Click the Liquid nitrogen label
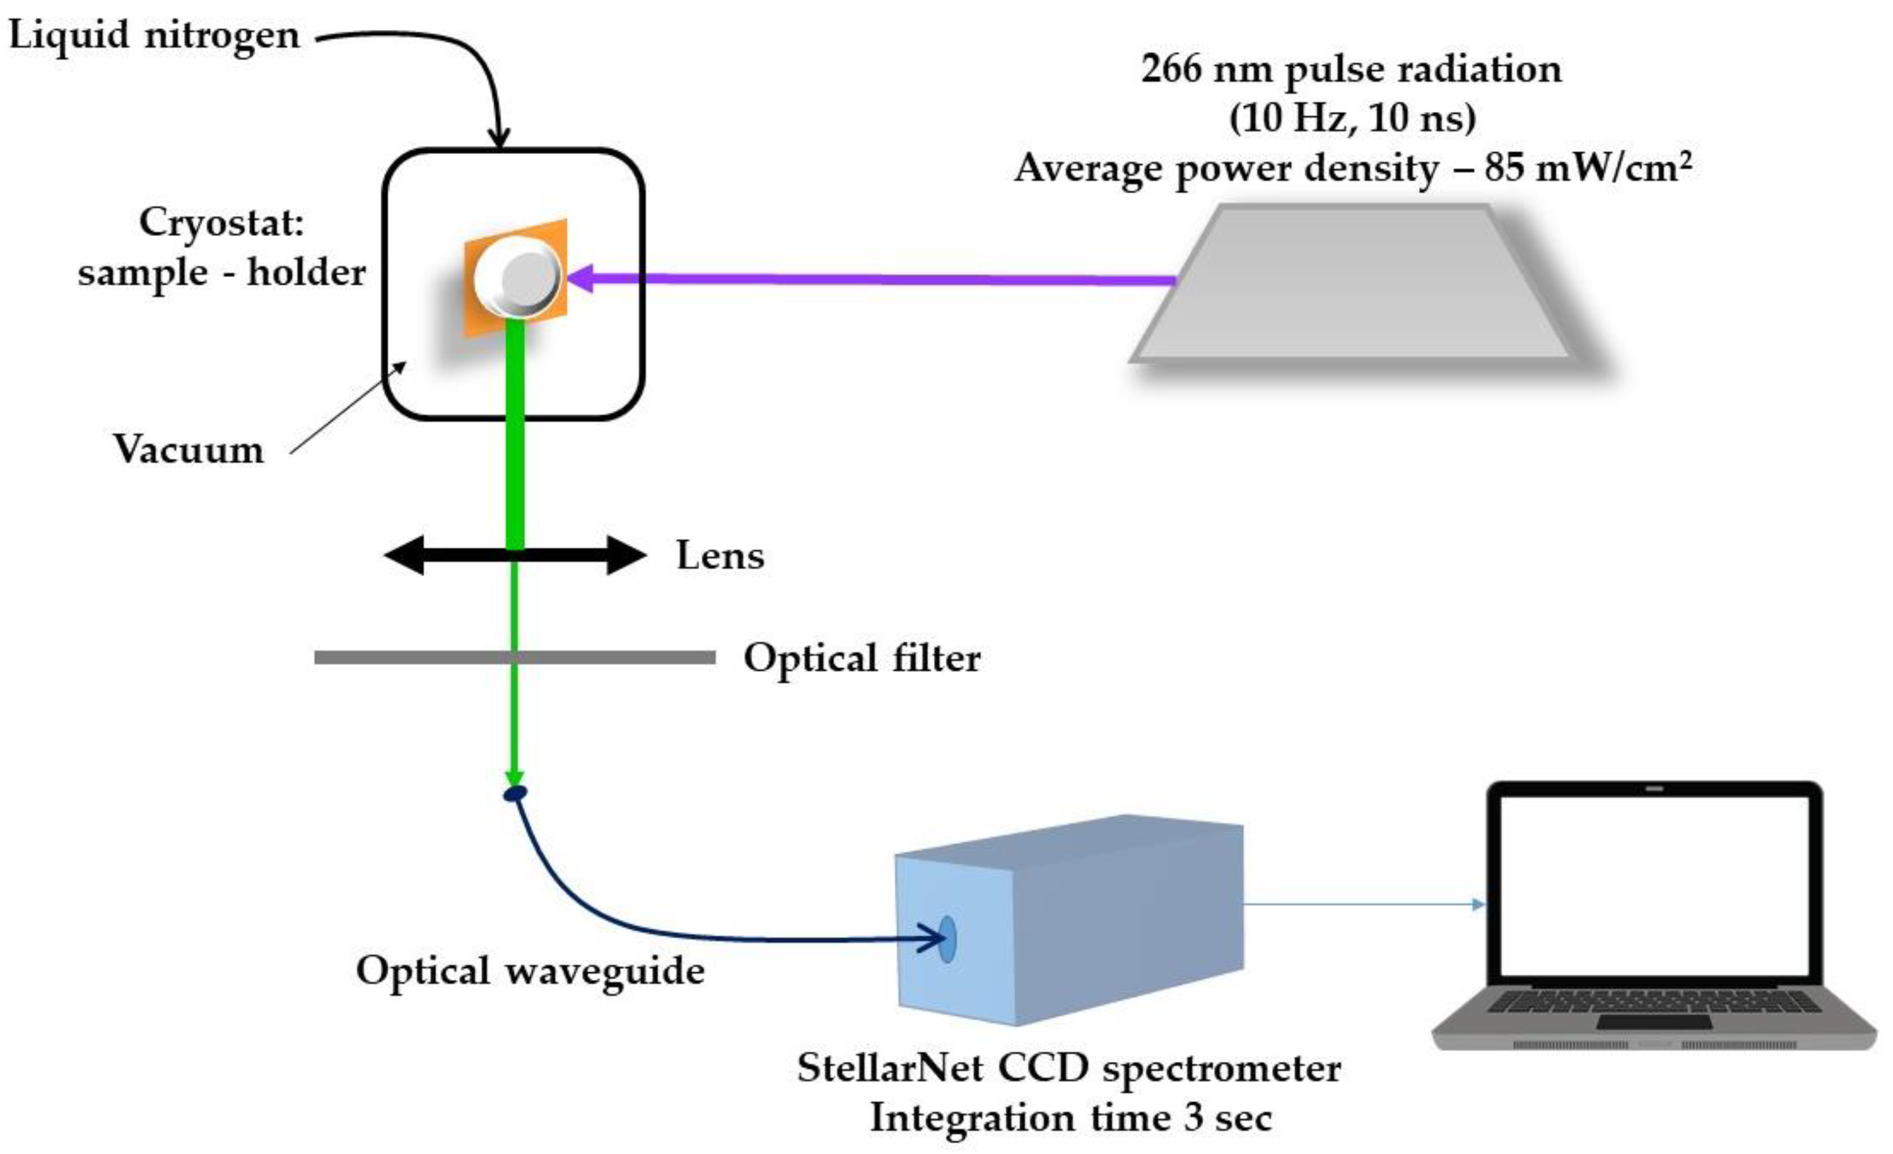pos(153,35)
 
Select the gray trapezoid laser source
pos(1352,284)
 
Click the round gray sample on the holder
pos(524,277)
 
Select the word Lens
pos(720,555)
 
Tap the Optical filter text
pos(862,658)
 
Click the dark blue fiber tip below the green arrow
pos(515,793)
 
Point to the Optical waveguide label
pos(530,970)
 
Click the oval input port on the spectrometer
pos(947,938)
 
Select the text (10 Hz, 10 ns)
pos(1352,117)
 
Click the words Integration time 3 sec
pos(1071,1117)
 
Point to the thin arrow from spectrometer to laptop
pos(1360,904)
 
